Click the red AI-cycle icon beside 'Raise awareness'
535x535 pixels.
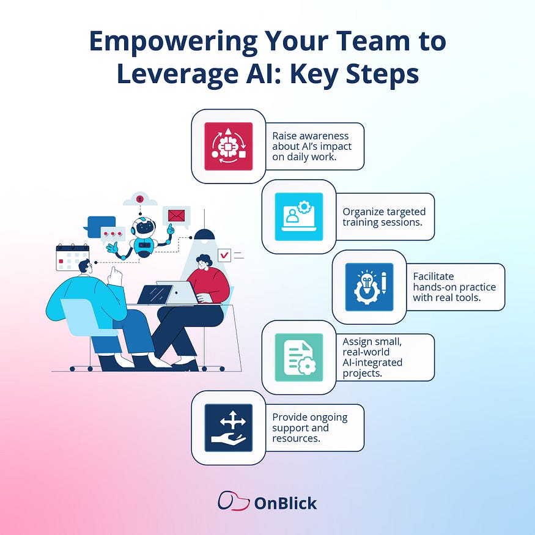[x=228, y=146]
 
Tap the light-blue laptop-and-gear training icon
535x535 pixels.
[x=298, y=217]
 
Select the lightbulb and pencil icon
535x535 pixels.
[x=369, y=287]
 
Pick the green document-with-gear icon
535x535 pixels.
[x=298, y=357]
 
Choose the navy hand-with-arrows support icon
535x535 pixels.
[x=228, y=427]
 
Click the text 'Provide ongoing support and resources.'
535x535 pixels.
[x=309, y=427]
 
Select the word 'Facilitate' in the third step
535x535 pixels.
[x=434, y=276]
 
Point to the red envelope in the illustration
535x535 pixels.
[x=177, y=215]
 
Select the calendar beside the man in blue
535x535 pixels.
[x=72, y=257]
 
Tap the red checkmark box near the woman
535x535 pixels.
[x=224, y=254]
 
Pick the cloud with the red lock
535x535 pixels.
[x=140, y=199]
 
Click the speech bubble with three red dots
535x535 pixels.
[x=113, y=234]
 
